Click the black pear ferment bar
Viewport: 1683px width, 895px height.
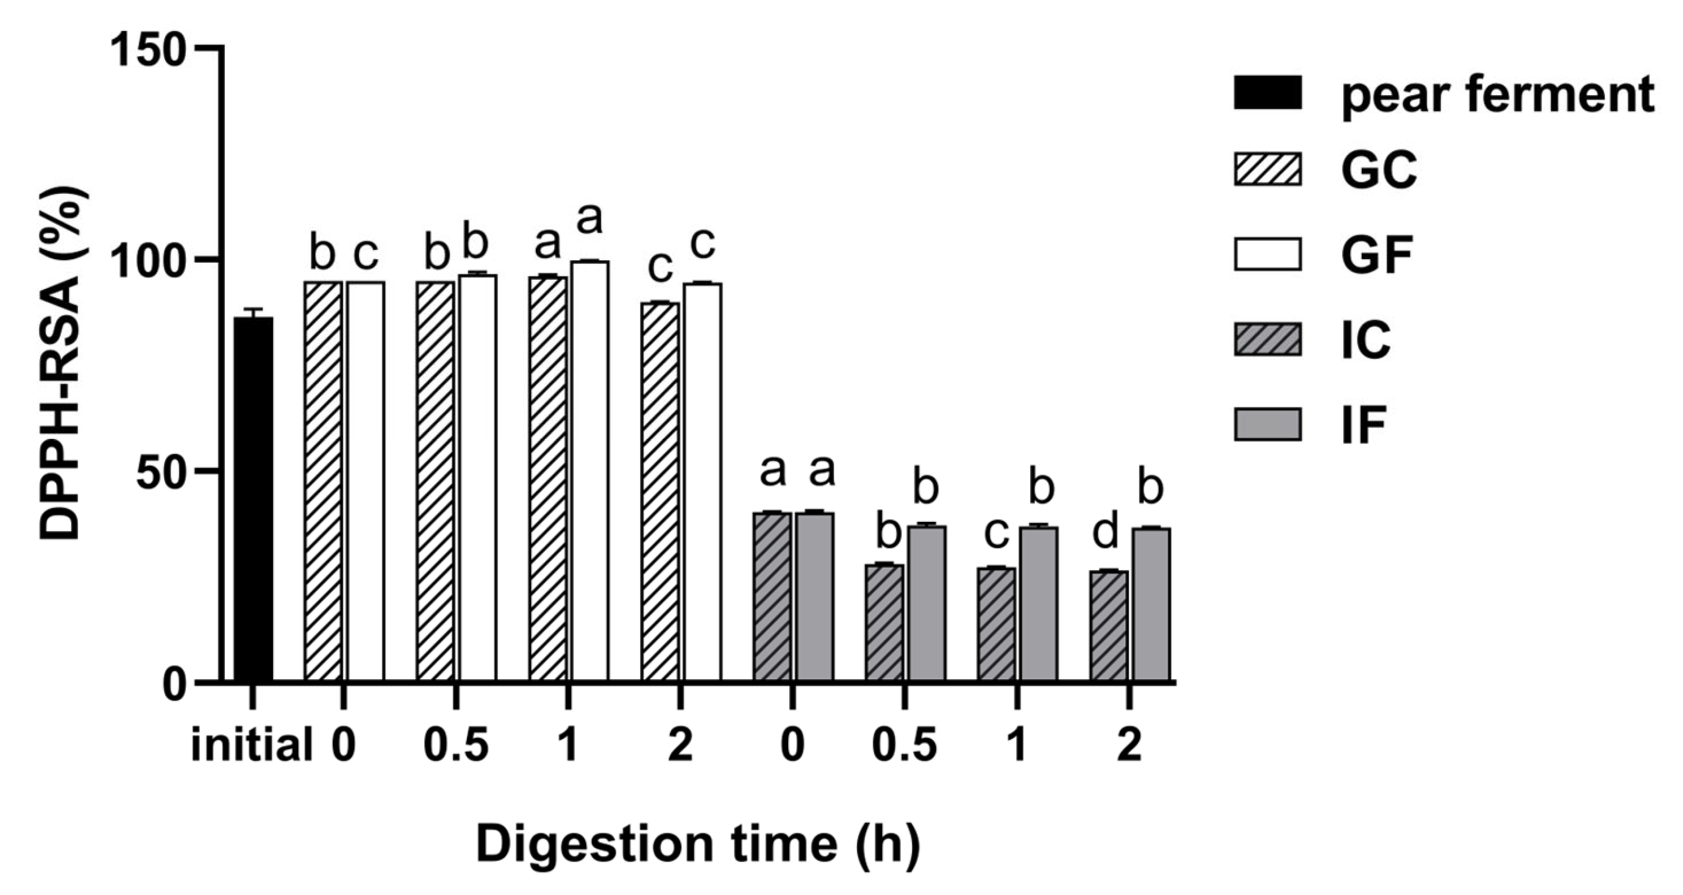click(x=254, y=499)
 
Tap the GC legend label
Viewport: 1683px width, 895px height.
click(x=1379, y=170)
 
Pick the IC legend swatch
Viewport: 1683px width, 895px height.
click(x=1267, y=340)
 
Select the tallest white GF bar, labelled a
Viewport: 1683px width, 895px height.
click(x=590, y=471)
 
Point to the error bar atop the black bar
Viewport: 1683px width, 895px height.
click(x=254, y=312)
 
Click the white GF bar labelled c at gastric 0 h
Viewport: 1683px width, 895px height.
click(x=366, y=481)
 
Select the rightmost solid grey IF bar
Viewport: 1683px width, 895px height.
click(x=1150, y=604)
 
